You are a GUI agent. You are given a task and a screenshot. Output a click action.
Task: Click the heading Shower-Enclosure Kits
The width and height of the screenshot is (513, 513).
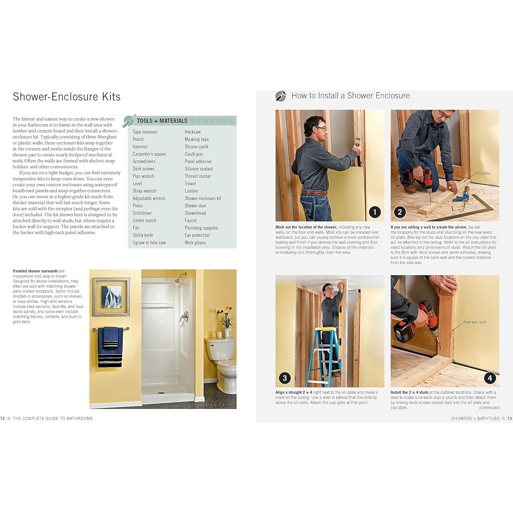click(67, 97)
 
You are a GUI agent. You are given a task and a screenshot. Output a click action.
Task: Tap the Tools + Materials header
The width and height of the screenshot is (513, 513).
click(162, 121)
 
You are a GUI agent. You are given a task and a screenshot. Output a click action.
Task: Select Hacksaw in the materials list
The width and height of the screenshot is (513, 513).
click(192, 132)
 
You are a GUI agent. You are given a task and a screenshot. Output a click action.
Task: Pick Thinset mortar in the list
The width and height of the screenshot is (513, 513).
click(197, 176)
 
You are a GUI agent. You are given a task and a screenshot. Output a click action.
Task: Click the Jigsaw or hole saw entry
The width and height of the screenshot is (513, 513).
click(149, 243)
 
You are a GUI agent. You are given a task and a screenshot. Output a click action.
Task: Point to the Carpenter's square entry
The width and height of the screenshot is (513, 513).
click(149, 154)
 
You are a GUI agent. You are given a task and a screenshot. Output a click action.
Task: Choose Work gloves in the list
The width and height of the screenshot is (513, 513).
click(195, 243)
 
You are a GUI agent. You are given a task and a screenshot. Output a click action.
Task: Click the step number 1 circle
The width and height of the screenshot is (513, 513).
click(375, 212)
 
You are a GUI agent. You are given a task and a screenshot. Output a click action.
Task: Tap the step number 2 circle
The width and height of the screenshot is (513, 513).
click(400, 212)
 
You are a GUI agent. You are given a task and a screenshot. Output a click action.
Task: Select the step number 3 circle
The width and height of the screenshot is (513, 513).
click(285, 378)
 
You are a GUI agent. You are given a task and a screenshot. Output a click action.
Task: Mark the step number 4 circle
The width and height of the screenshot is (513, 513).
click(490, 378)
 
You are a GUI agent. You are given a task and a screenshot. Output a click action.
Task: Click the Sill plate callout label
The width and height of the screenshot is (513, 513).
click(482, 173)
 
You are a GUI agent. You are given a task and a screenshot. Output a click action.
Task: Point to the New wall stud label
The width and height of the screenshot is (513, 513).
click(474, 322)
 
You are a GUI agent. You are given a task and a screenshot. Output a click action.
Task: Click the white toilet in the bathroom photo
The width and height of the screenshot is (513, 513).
click(222, 361)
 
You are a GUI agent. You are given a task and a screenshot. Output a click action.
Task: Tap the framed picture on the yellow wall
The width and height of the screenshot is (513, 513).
click(111, 297)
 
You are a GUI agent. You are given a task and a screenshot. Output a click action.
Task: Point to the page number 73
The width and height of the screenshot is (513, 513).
click(509, 419)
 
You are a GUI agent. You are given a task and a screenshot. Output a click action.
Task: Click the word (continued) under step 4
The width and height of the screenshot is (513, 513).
click(489, 408)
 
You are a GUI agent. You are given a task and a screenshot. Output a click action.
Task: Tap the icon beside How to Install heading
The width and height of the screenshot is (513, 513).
click(281, 96)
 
